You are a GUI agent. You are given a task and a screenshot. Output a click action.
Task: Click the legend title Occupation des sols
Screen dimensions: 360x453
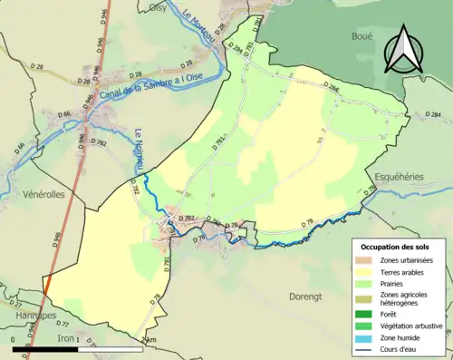(x=395, y=247)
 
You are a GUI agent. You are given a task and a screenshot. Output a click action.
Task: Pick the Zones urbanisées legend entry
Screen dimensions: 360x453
(x=406, y=260)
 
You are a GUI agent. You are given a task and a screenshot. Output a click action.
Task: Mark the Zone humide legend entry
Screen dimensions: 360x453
(x=401, y=335)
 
